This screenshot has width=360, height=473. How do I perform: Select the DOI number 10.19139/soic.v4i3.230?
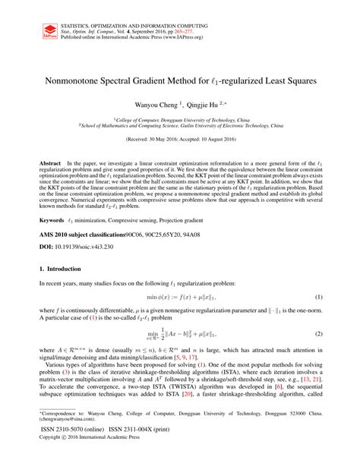click(x=87, y=248)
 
